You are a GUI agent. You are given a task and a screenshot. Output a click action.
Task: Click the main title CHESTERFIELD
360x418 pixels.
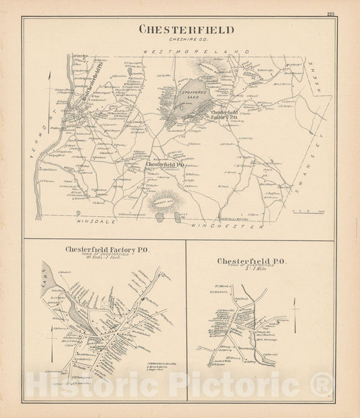pos(186,30)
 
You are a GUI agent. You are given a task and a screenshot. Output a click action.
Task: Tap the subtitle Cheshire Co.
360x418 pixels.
pos(186,39)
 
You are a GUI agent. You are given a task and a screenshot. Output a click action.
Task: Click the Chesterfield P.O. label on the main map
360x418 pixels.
pos(165,164)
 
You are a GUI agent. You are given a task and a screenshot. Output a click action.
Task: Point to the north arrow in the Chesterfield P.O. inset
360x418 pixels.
pos(295,314)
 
